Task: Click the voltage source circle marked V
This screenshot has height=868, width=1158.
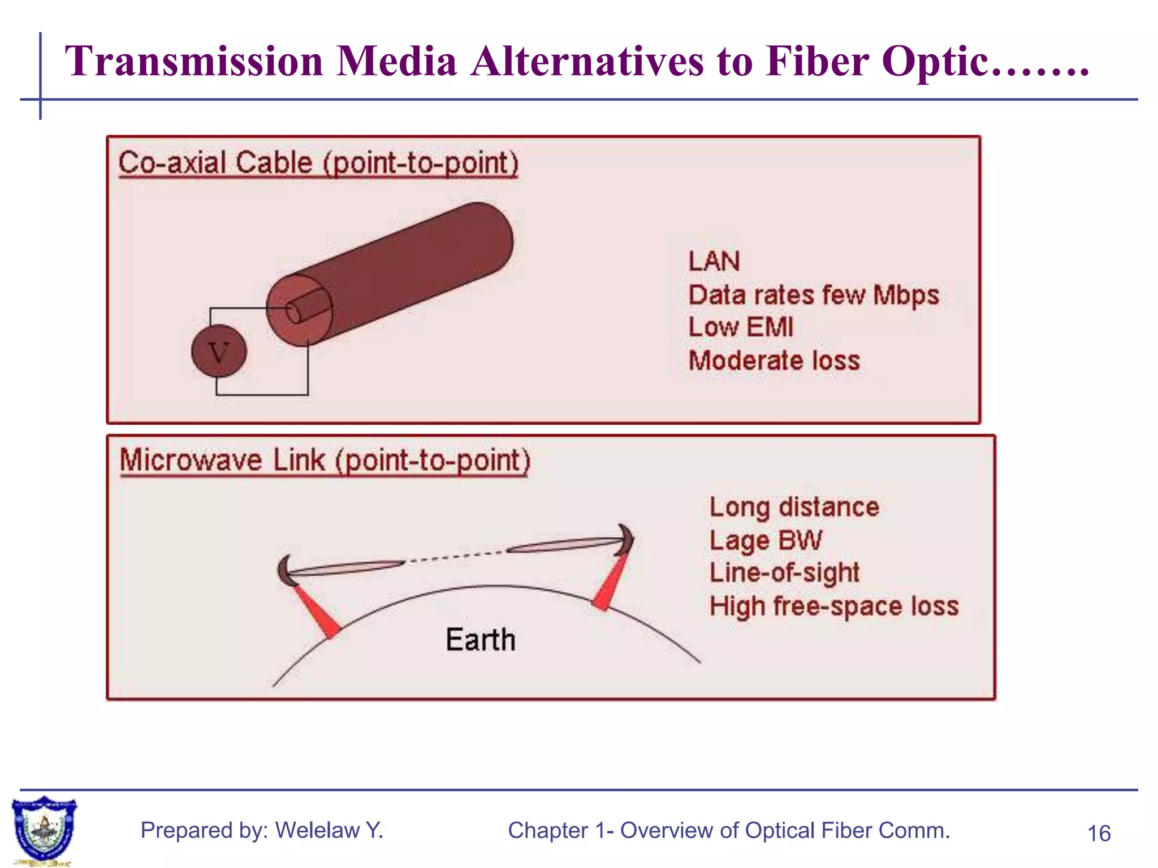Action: [x=219, y=351]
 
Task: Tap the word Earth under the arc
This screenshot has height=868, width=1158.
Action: [x=481, y=640]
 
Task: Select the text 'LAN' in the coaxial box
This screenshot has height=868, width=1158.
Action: [x=714, y=262]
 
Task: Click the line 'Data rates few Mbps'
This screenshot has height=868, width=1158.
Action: [x=813, y=295]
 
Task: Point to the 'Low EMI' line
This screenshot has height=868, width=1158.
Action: [x=741, y=327]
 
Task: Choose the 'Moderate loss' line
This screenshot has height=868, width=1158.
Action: [x=774, y=361]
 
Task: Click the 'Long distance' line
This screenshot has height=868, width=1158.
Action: [x=794, y=507]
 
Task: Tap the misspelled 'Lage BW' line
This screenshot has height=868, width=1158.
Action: [x=765, y=540]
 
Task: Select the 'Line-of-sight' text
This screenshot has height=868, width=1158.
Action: [x=784, y=573]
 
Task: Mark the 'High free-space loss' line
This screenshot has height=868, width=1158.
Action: [x=834, y=606]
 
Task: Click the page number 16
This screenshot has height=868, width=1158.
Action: [x=1099, y=834]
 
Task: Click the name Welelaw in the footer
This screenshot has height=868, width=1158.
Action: [x=317, y=830]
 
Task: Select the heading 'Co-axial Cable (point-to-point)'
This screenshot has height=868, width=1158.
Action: [x=318, y=163]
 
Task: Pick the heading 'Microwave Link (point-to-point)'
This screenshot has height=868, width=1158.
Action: [x=325, y=460]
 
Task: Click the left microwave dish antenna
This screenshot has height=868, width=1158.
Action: [x=285, y=571]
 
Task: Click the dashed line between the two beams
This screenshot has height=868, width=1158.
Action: [x=455, y=556]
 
